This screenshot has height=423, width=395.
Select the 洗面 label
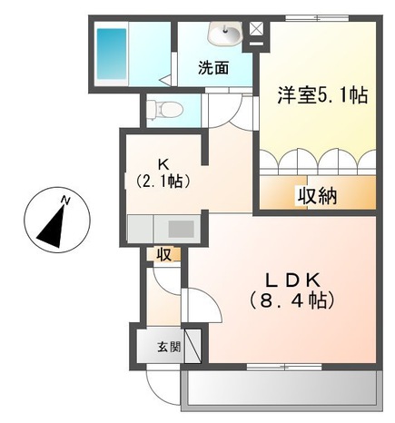coord(213,67)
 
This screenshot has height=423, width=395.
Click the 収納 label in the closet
coord(314,193)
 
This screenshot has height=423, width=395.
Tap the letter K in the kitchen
coord(163,163)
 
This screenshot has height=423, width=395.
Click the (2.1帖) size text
coord(163,181)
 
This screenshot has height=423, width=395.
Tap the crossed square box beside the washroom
coord(255,29)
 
